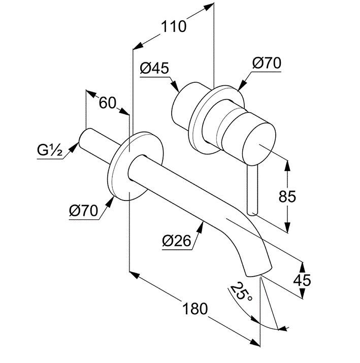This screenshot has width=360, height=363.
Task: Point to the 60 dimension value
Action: tap(107, 103)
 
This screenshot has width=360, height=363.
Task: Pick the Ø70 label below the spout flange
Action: tap(83, 210)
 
